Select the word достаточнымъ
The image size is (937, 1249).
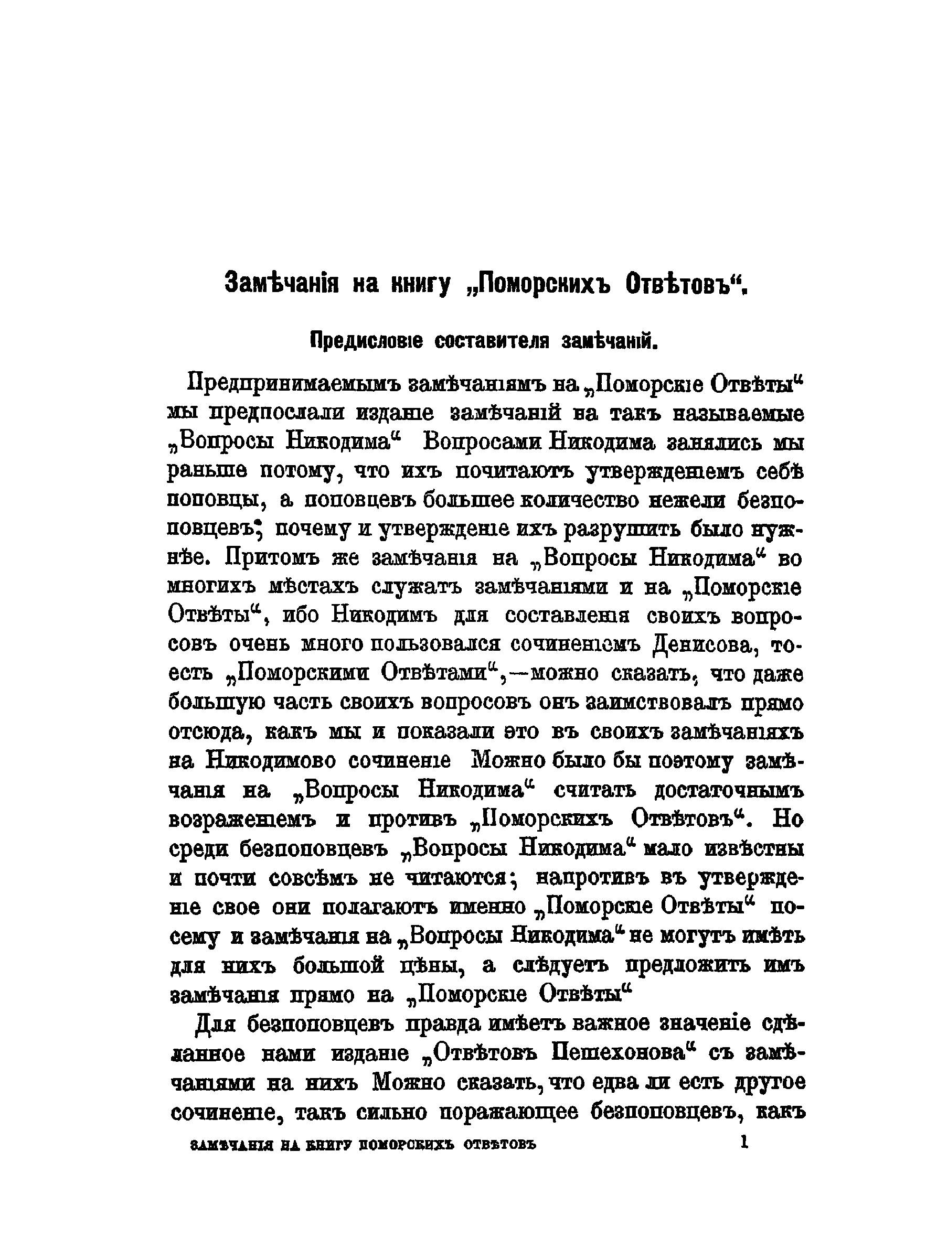pos(729,790)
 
